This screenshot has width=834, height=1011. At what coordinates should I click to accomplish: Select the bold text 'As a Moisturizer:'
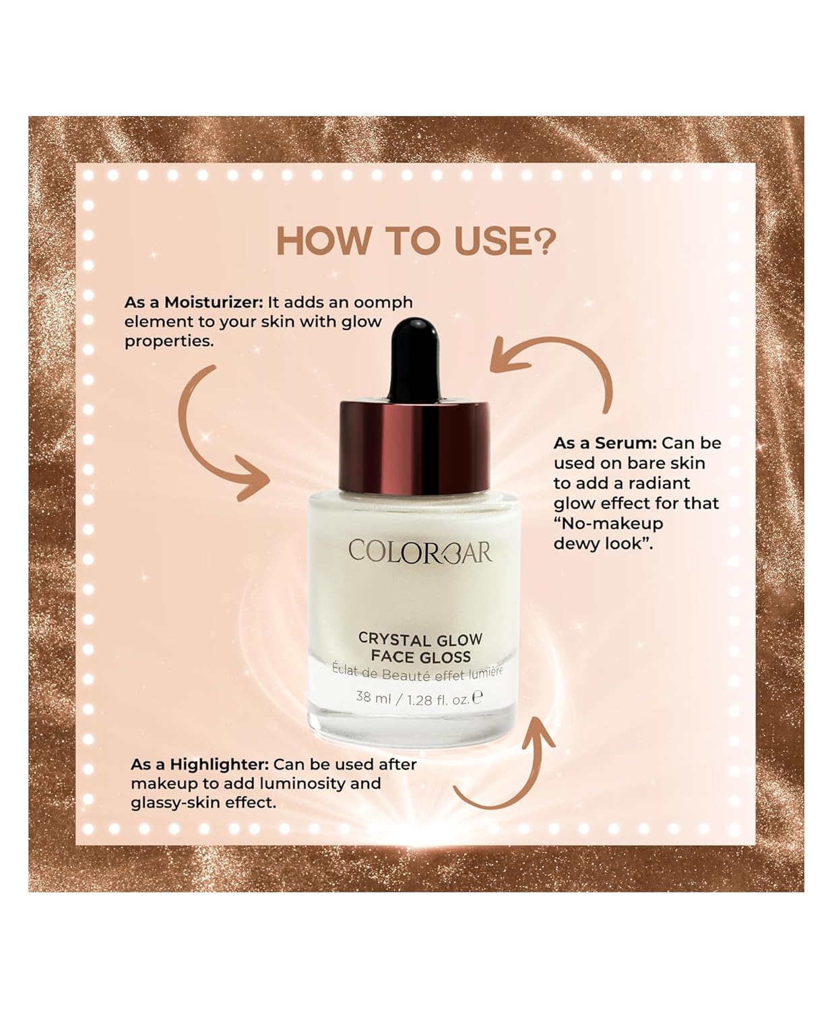tap(193, 303)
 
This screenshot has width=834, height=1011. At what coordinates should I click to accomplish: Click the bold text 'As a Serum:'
tap(605, 443)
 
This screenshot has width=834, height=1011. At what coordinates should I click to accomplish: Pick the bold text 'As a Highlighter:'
tap(199, 764)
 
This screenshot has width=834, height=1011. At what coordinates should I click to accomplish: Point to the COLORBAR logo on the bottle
tap(420, 552)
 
